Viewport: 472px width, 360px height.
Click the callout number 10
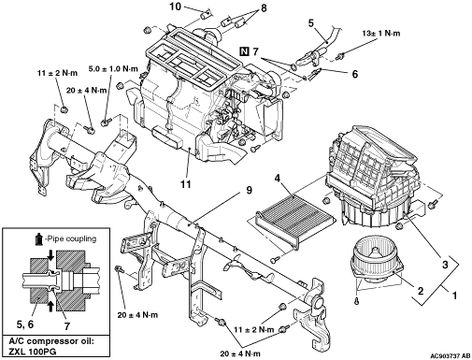coord(176,7)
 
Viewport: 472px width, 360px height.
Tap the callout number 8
coord(264,8)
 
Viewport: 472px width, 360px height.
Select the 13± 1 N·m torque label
coord(381,33)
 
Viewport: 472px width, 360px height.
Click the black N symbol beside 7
coord(245,50)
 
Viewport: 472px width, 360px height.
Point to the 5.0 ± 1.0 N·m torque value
coord(113,69)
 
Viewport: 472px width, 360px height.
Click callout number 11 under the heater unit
coord(186,184)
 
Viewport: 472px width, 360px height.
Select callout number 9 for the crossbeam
coord(249,190)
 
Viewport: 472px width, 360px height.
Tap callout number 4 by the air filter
coord(278,179)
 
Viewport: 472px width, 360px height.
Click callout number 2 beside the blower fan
coord(421,291)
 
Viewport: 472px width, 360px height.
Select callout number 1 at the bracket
coord(454,295)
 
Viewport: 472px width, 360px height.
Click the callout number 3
coord(445,265)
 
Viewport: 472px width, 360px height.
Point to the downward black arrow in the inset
coord(50,256)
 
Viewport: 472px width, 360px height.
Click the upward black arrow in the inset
coord(50,306)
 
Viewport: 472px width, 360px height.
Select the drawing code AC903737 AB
coord(451,355)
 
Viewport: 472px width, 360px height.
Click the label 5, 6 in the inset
coord(25,324)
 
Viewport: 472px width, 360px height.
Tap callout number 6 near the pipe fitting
coord(355,74)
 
